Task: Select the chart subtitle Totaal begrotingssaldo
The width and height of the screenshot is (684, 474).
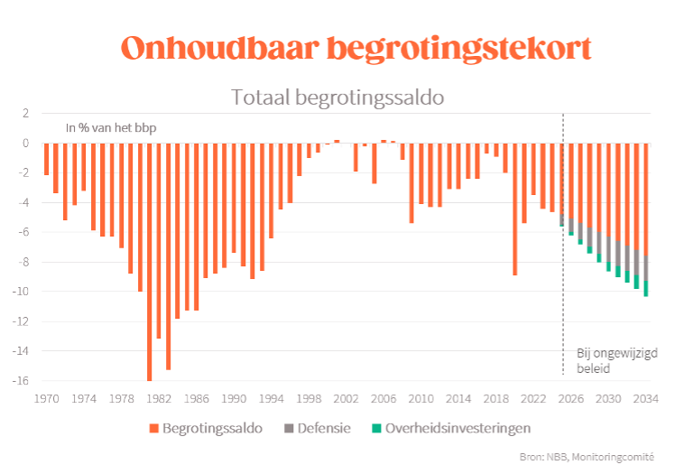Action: pyautogui.click(x=337, y=97)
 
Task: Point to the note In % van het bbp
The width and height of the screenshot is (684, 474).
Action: pyautogui.click(x=111, y=127)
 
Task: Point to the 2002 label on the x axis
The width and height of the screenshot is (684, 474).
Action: pyautogui.click(x=347, y=398)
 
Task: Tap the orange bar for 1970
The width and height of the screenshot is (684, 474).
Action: pyautogui.click(x=46, y=159)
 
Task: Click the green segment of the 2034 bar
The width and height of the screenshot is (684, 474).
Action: pyautogui.click(x=646, y=288)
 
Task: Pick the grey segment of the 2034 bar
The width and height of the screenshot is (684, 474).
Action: pyautogui.click(x=646, y=268)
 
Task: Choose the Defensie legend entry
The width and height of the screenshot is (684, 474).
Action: pyautogui.click(x=318, y=427)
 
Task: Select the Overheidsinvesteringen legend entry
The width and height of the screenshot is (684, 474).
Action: pyautogui.click(x=450, y=427)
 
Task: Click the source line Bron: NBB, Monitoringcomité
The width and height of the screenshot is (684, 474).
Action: pyautogui.click(x=587, y=458)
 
